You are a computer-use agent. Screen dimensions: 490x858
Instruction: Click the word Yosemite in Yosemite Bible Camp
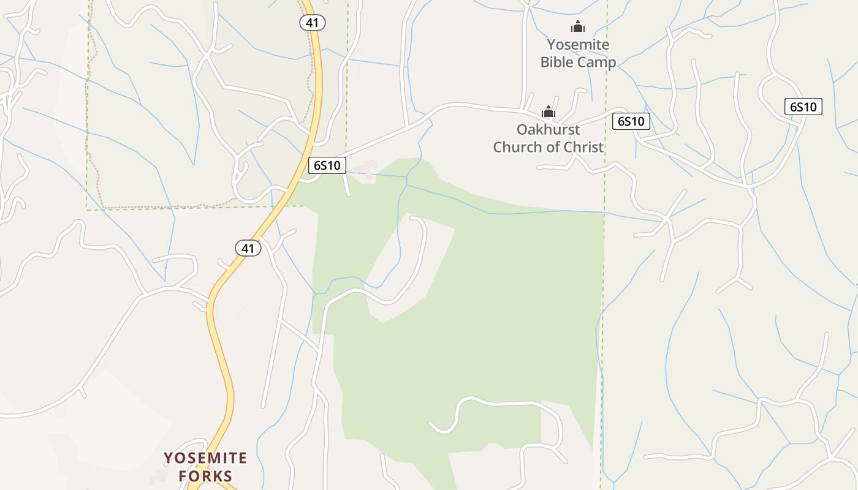click(578, 45)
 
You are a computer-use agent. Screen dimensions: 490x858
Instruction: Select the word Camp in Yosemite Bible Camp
click(596, 62)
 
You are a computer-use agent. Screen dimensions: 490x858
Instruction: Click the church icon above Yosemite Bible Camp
click(577, 26)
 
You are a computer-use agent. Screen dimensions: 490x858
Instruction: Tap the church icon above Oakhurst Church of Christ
click(548, 111)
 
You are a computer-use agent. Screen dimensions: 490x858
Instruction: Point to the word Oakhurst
click(548, 130)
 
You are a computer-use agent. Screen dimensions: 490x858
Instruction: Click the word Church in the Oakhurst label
click(520, 148)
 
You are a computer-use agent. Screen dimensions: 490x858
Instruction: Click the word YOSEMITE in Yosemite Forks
click(205, 458)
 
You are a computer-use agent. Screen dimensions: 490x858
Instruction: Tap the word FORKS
click(205, 476)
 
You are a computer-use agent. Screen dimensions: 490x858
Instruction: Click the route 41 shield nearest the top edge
click(312, 23)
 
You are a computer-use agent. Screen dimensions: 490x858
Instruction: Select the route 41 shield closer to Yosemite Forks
click(248, 248)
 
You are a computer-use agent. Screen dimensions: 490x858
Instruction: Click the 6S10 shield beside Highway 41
click(327, 165)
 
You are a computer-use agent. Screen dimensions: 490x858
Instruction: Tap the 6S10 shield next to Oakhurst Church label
click(631, 121)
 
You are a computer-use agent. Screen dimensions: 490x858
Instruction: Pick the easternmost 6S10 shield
click(803, 107)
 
